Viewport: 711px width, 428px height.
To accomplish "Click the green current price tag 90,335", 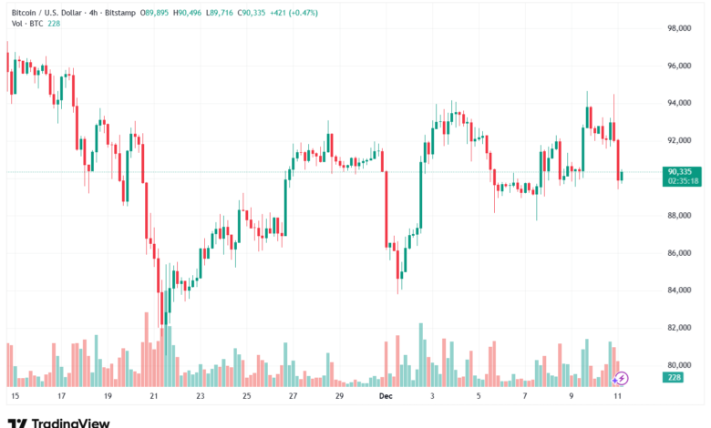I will (683, 171).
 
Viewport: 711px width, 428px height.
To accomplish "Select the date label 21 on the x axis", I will (154, 397).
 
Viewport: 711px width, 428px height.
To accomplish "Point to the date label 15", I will (15, 397).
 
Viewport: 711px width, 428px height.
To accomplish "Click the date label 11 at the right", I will (620, 397).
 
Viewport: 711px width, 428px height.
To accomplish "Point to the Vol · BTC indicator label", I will (22, 24).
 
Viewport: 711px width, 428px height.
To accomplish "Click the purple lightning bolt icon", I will (622, 378).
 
